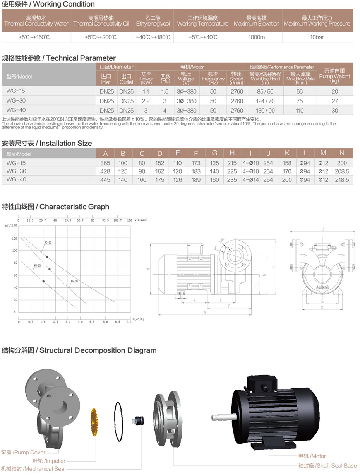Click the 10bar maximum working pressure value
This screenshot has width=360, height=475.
tap(317, 37)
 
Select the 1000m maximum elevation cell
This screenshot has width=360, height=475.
tap(256, 37)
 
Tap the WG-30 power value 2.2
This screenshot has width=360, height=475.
tap(146, 101)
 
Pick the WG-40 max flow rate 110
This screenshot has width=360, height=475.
tap(299, 110)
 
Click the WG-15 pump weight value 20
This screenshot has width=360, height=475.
tap(334, 92)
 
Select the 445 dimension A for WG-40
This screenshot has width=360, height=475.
tap(105, 180)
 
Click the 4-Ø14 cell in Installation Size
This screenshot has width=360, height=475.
tap(250, 180)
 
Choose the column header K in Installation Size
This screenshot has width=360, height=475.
tap(287, 153)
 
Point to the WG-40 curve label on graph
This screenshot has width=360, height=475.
tap(48, 243)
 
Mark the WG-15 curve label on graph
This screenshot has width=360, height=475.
tap(37, 266)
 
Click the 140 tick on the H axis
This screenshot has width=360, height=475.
tap(14, 225)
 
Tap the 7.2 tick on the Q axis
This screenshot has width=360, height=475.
tap(129, 322)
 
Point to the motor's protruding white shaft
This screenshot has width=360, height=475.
tap(223, 417)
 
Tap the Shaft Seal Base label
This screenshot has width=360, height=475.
tap(327, 466)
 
